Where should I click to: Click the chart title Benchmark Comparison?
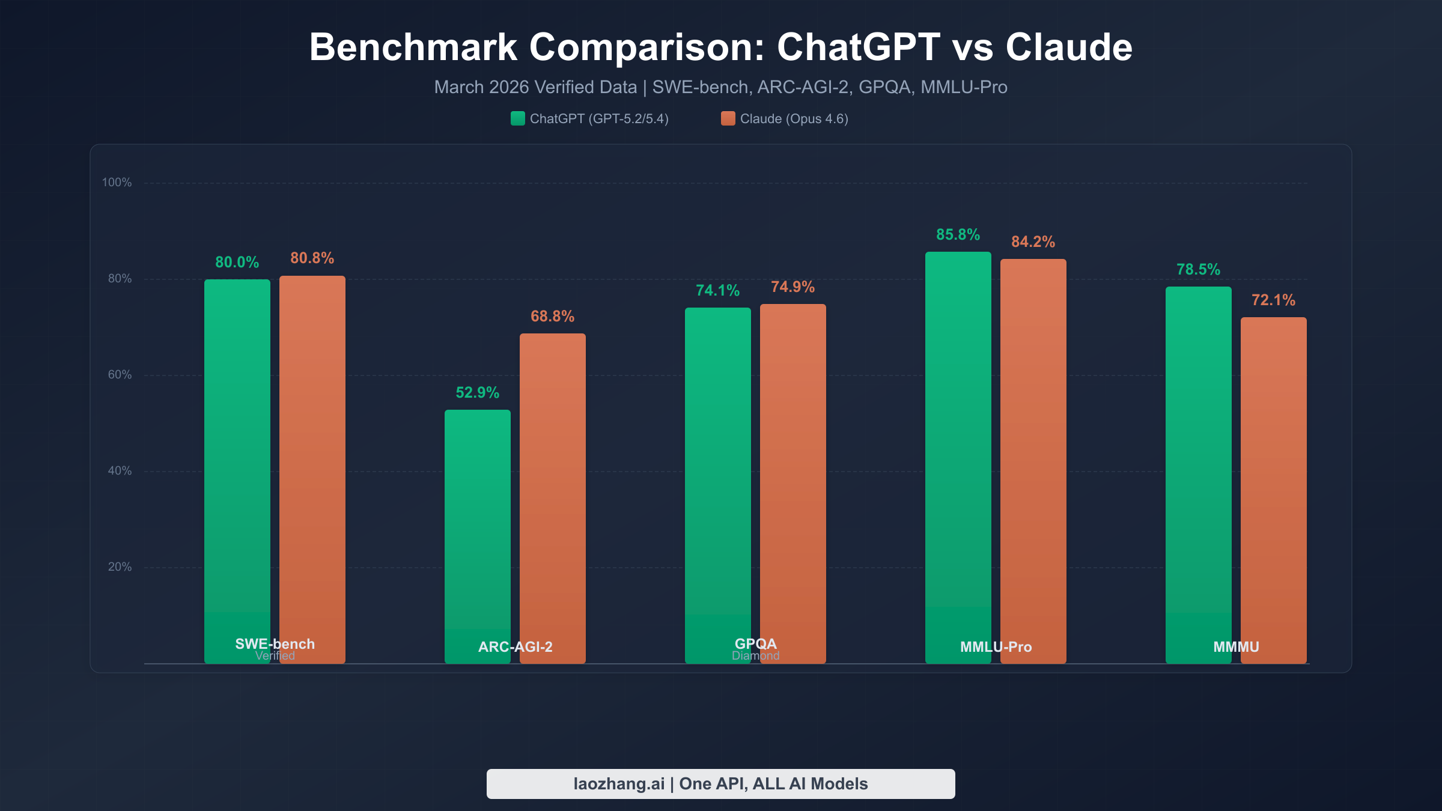click(x=720, y=47)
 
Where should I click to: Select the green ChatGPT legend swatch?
click(x=517, y=118)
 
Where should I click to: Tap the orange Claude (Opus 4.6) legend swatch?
click(x=728, y=118)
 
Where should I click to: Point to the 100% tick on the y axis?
click(x=117, y=182)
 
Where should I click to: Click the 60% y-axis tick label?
click(x=120, y=374)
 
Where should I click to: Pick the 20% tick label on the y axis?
click(x=120, y=566)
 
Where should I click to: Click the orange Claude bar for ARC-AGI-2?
click(x=552, y=493)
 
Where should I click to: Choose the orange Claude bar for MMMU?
click(x=1273, y=481)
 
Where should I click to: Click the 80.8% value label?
click(x=312, y=258)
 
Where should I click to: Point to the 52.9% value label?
click(x=477, y=392)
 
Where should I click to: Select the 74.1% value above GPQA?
click(x=717, y=290)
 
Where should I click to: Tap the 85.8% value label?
click(x=958, y=234)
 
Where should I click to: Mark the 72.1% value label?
click(x=1273, y=300)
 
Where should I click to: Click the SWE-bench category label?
click(x=275, y=644)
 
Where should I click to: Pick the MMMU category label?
click(x=1236, y=647)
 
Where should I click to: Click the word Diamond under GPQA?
click(x=755, y=656)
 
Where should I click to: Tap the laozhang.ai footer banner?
click(x=720, y=784)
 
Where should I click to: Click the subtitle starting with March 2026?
click(x=720, y=87)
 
